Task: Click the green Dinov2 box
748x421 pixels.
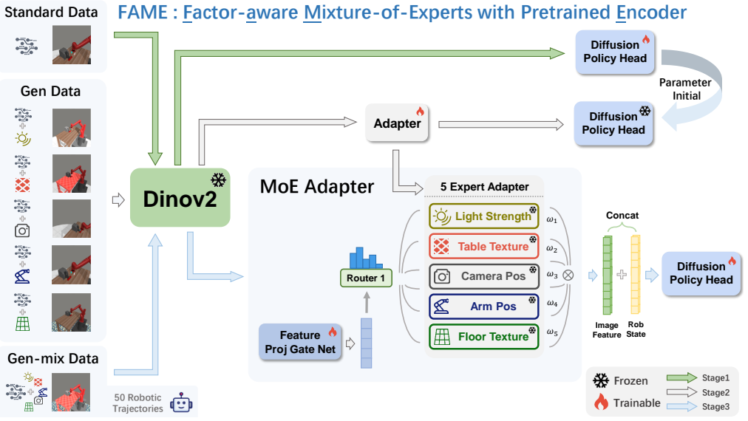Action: click(x=180, y=197)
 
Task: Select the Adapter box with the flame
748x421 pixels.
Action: click(x=397, y=123)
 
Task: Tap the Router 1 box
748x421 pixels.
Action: click(x=366, y=278)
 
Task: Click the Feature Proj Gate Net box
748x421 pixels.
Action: click(x=300, y=342)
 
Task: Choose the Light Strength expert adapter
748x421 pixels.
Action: click(x=483, y=216)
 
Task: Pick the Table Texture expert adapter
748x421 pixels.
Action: click(x=483, y=247)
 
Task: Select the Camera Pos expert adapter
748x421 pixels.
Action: click(x=483, y=276)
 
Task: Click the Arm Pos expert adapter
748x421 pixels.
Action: click(x=483, y=307)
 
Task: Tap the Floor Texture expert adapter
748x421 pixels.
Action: click(x=483, y=337)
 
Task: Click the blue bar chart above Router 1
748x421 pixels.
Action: click(x=366, y=258)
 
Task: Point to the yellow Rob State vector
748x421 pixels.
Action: click(x=636, y=275)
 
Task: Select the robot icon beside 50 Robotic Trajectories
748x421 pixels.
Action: click(x=181, y=403)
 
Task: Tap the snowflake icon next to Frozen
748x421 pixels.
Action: click(x=601, y=381)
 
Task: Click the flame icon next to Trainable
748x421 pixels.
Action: click(x=601, y=402)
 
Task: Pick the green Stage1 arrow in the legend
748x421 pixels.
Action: click(x=681, y=378)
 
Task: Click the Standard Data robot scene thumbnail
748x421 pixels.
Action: click(x=72, y=45)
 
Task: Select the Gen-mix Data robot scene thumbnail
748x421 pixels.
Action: click(x=71, y=392)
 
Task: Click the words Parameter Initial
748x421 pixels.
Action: click(x=685, y=89)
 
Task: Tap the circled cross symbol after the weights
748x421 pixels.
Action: click(x=568, y=275)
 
